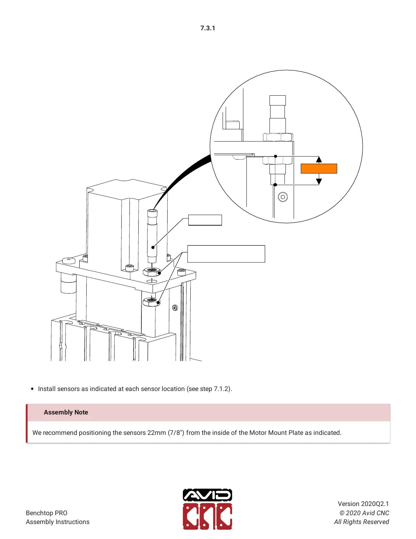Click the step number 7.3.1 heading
(x=208, y=28)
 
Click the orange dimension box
(x=319, y=168)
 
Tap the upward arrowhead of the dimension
(x=319, y=159)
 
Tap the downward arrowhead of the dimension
(x=319, y=181)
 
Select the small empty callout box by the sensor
(x=205, y=220)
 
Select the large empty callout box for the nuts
(x=226, y=254)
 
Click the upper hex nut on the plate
(x=152, y=272)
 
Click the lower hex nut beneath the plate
(x=151, y=302)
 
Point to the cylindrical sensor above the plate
(x=152, y=235)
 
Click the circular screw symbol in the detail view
(x=283, y=197)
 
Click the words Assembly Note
(x=66, y=412)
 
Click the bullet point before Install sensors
(x=32, y=389)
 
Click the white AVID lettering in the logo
(x=207, y=495)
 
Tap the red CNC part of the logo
(x=207, y=516)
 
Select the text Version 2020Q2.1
(x=363, y=504)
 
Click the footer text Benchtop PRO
(x=47, y=513)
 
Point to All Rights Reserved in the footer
(x=361, y=522)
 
